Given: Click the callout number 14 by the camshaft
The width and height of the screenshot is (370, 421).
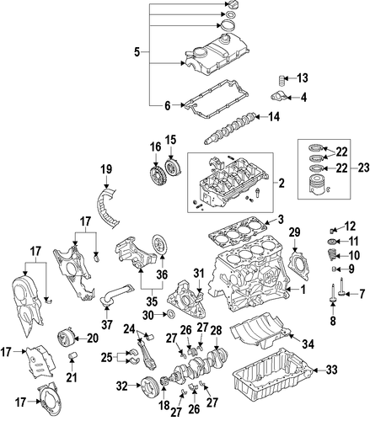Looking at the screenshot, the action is click(273, 117).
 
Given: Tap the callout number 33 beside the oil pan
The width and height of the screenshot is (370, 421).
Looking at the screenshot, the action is click(331, 370).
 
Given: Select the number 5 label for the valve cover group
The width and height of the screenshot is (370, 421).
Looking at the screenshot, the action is click(137, 52).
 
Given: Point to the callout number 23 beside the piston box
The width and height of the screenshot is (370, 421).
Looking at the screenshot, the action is click(364, 168).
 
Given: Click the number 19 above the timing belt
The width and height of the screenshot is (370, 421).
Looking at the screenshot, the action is click(107, 169).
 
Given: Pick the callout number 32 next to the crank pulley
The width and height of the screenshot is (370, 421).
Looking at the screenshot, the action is click(122, 386).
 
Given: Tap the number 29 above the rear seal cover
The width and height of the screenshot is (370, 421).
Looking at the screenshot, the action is click(295, 232).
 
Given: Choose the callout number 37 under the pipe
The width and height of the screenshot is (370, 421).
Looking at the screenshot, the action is click(106, 324).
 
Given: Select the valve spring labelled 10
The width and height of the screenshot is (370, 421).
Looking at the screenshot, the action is click(333, 255).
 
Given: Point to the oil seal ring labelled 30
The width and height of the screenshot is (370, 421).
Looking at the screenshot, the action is click(170, 314).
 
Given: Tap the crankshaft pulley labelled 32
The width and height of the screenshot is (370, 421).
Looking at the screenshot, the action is click(150, 387).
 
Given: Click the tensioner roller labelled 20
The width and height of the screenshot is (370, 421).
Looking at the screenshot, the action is click(66, 338).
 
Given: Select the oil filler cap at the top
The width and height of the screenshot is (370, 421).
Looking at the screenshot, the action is click(229, 5).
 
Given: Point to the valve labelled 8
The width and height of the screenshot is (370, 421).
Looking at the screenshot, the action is click(333, 294).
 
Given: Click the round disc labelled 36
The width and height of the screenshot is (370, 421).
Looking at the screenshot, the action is click(159, 243).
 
